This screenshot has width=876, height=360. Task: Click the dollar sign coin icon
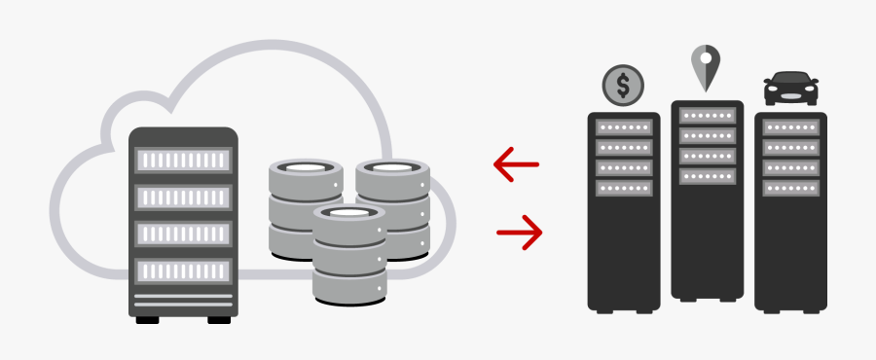tap(623, 86)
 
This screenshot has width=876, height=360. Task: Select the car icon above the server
tap(790, 90)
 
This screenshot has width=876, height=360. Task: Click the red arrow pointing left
tap(516, 164)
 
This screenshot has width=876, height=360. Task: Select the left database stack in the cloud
tap(305, 209)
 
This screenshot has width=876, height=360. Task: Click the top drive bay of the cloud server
tap(183, 160)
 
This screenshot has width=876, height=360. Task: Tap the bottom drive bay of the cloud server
tap(183, 270)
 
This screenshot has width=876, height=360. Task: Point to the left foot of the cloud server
tap(147, 319)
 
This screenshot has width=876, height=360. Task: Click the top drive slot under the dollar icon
tap(623, 128)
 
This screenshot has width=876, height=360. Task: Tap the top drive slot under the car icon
tap(790, 128)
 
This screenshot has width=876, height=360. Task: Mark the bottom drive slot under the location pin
tap(707, 177)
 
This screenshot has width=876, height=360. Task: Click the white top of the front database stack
tap(348, 212)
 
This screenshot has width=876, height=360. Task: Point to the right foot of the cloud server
tap(219, 319)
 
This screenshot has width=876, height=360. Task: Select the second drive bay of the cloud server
tap(183, 197)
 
